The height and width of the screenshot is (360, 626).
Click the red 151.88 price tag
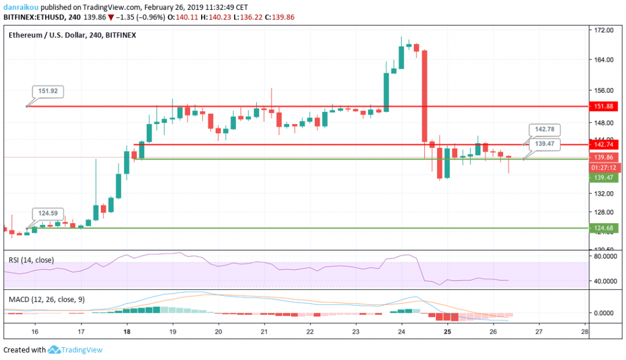tap(604, 106)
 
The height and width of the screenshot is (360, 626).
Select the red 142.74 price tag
tap(604, 145)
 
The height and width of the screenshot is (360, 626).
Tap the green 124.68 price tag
tap(604, 228)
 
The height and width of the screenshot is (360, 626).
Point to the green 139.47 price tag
tap(604, 177)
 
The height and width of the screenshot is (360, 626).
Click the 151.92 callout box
tap(48, 91)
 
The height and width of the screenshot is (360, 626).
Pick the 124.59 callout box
tap(48, 213)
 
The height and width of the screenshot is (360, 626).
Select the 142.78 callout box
tap(544, 130)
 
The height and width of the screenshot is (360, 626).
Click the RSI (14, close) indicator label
tap(31, 260)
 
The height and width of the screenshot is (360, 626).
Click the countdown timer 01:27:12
tap(604, 167)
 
